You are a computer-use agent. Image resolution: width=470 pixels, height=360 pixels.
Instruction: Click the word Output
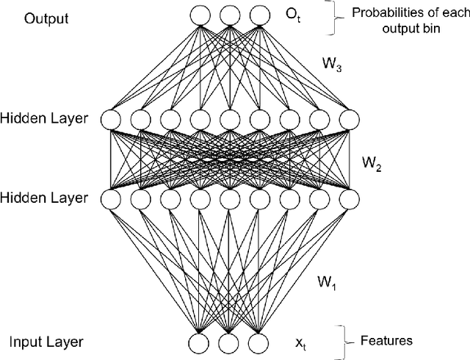click(x=47, y=18)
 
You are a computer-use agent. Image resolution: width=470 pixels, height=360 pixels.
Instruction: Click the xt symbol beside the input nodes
click(x=299, y=342)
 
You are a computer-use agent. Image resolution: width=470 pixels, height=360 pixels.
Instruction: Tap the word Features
click(x=386, y=341)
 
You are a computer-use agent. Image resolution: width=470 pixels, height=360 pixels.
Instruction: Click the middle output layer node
click(x=228, y=14)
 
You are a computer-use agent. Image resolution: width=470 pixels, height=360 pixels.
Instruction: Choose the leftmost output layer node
click(x=199, y=14)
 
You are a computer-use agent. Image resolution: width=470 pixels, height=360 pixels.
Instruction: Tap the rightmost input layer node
click(x=258, y=342)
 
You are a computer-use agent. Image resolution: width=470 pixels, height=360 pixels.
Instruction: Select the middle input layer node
click(x=228, y=342)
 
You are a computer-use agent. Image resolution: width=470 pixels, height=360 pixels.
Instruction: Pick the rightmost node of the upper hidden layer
click(x=349, y=119)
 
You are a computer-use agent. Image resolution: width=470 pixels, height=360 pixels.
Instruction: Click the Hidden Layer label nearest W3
click(x=46, y=118)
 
